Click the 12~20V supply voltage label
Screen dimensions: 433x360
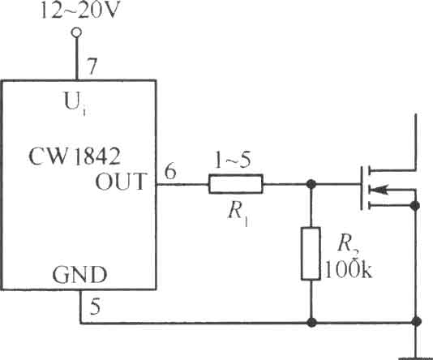79,11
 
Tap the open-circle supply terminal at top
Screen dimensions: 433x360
76,32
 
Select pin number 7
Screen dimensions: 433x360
92,66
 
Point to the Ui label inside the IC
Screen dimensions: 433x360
75,104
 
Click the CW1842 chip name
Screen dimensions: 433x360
75,156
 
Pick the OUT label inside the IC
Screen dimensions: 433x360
120,182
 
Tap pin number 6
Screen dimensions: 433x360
170,171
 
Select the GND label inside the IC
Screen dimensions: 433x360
79,275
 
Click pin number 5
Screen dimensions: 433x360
95,306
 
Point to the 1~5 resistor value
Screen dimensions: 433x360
233,160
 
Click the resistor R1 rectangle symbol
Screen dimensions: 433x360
236,184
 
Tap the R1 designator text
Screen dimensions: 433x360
238,213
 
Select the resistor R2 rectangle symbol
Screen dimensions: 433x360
311,254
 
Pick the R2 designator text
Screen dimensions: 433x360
348,245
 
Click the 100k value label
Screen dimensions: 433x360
349,269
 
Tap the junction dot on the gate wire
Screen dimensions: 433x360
311,184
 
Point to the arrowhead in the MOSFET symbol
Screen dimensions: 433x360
379,190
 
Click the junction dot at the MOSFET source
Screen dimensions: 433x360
415,206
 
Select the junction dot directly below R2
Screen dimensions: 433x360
311,322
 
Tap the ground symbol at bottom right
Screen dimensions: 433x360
415,358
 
